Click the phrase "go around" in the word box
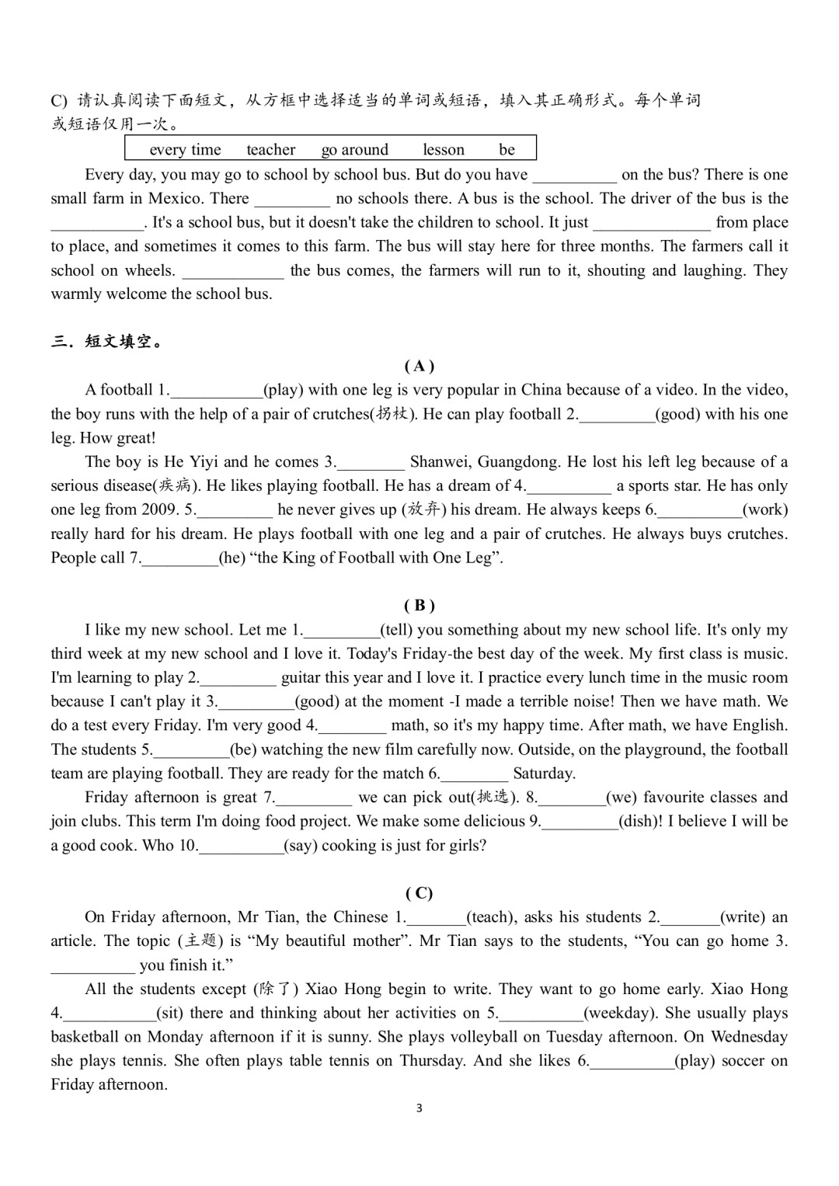pyautogui.click(x=354, y=150)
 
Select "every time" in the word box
pyautogui.click(x=185, y=150)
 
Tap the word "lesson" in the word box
pyautogui.click(x=444, y=150)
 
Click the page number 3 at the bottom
pyautogui.click(x=419, y=1108)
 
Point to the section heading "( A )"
pyautogui.click(x=419, y=366)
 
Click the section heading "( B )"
pyautogui.click(x=419, y=606)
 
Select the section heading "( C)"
pyautogui.click(x=419, y=893)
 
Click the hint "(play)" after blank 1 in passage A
pyautogui.click(x=284, y=390)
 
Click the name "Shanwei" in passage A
pyautogui.click(x=440, y=462)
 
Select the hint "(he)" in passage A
pyautogui.click(x=232, y=558)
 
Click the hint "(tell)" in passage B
pyautogui.click(x=396, y=630)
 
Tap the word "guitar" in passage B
pyautogui.click(x=302, y=678)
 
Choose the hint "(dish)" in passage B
pyautogui.click(x=640, y=822)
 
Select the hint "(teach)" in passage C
pyautogui.click(x=491, y=917)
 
